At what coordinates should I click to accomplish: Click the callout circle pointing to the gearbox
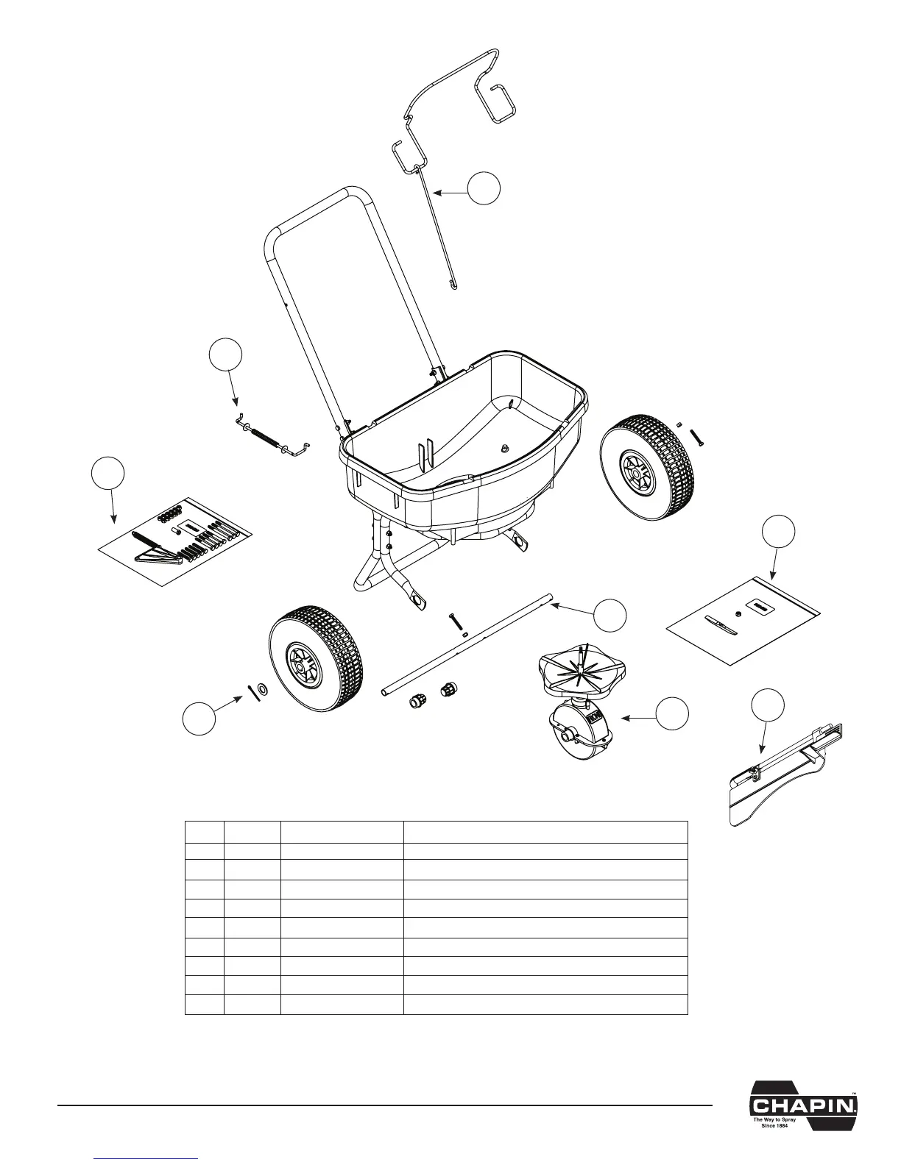pos(673,714)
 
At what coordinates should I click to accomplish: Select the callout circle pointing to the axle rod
pos(611,614)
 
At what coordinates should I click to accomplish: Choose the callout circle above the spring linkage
pos(225,356)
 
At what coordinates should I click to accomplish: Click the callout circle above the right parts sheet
pos(778,532)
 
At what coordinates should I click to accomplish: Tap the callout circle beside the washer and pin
pos(199,719)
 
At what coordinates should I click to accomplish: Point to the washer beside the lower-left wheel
pos(263,691)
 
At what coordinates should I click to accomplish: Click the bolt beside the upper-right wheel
pos(696,436)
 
